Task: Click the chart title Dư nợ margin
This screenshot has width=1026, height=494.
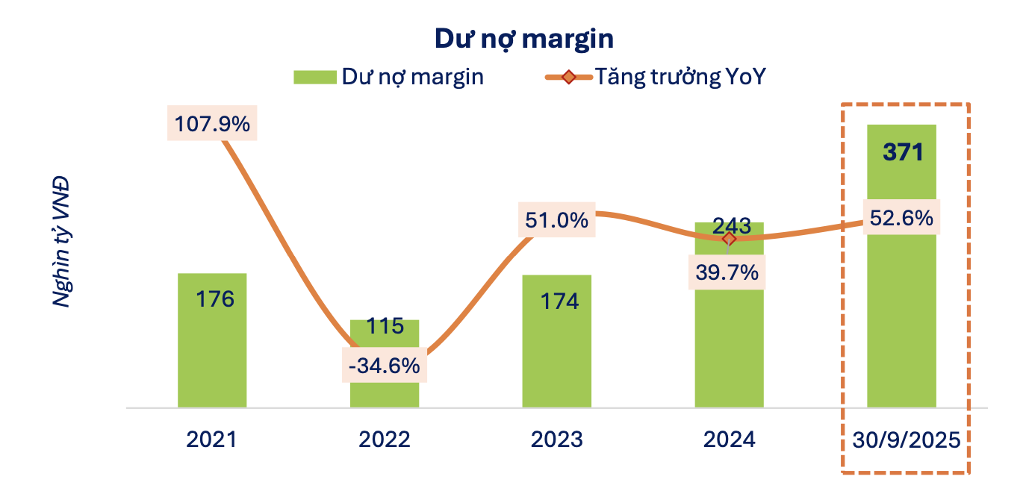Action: [513, 39]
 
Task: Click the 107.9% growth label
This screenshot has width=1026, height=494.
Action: [212, 123]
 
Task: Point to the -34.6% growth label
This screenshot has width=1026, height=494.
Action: [385, 366]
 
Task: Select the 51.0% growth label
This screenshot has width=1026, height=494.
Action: [557, 221]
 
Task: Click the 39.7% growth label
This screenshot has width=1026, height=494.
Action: [729, 272]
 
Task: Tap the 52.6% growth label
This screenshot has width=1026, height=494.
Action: [901, 218]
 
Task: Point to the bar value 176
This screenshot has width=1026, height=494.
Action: [215, 299]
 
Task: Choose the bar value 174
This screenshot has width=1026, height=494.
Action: [559, 301]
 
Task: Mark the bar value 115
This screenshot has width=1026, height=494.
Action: [385, 326]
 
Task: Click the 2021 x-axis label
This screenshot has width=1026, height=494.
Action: [212, 440]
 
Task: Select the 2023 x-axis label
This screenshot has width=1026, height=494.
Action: [557, 440]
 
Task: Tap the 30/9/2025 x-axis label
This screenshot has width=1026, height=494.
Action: [905, 440]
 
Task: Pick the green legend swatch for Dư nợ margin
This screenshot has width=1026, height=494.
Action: [315, 77]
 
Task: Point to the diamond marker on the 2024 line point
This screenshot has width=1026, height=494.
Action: [729, 239]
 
